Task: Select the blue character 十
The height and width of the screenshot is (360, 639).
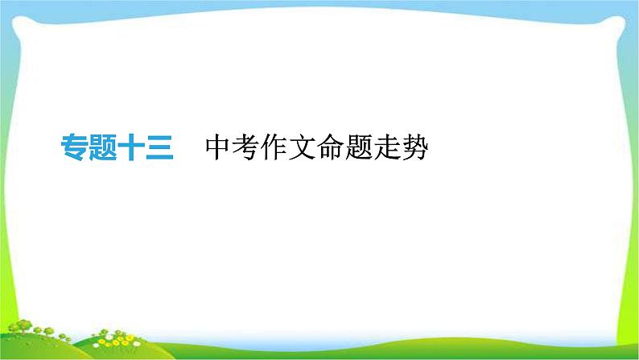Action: (x=131, y=148)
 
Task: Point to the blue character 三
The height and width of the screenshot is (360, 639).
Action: (x=159, y=148)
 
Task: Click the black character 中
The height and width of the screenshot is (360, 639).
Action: (x=218, y=148)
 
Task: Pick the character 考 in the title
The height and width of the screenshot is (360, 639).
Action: (x=246, y=148)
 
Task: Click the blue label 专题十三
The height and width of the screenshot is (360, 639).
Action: (x=117, y=148)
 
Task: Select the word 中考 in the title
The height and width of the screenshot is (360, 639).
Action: (x=232, y=148)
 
